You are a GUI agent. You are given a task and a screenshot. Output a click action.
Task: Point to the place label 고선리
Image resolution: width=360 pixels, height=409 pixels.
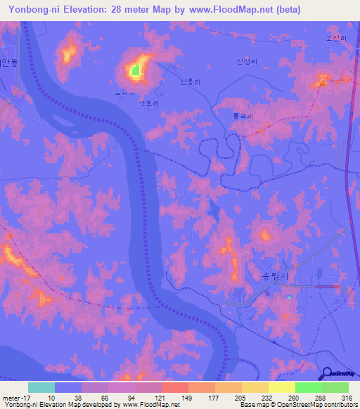[x=336, y=39]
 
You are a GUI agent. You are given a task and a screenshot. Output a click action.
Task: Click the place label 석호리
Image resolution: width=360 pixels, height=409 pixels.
[x=149, y=102]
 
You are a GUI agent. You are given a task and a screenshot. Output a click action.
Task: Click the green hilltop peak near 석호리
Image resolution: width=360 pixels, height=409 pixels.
[x=135, y=70]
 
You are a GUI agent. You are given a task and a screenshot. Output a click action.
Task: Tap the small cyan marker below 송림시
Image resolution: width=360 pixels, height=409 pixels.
[x=288, y=297]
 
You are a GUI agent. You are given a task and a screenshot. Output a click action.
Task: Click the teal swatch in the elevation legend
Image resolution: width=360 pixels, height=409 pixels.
[x=41, y=387]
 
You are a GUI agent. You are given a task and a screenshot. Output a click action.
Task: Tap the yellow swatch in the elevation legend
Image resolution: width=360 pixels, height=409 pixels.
[x=281, y=387]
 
